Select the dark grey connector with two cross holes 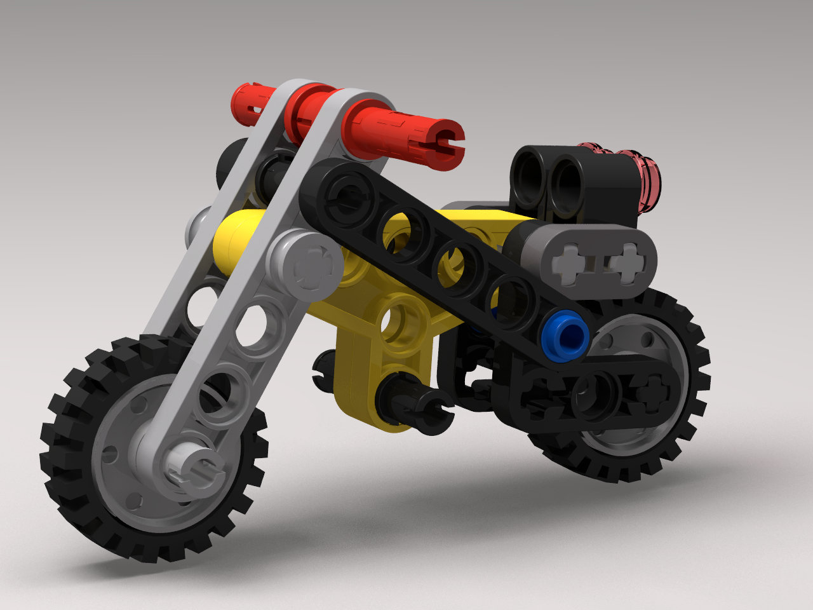(591, 261)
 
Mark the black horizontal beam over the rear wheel (591, 391)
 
